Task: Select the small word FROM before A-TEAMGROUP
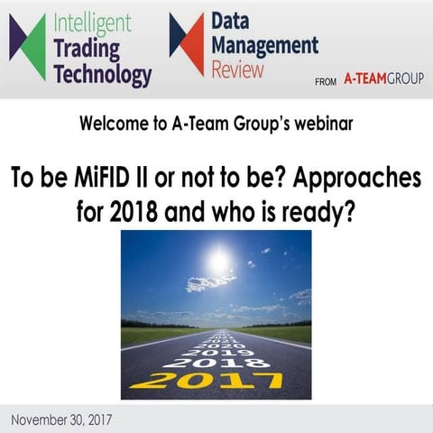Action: tap(326, 81)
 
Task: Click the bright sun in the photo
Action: tap(217, 261)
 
